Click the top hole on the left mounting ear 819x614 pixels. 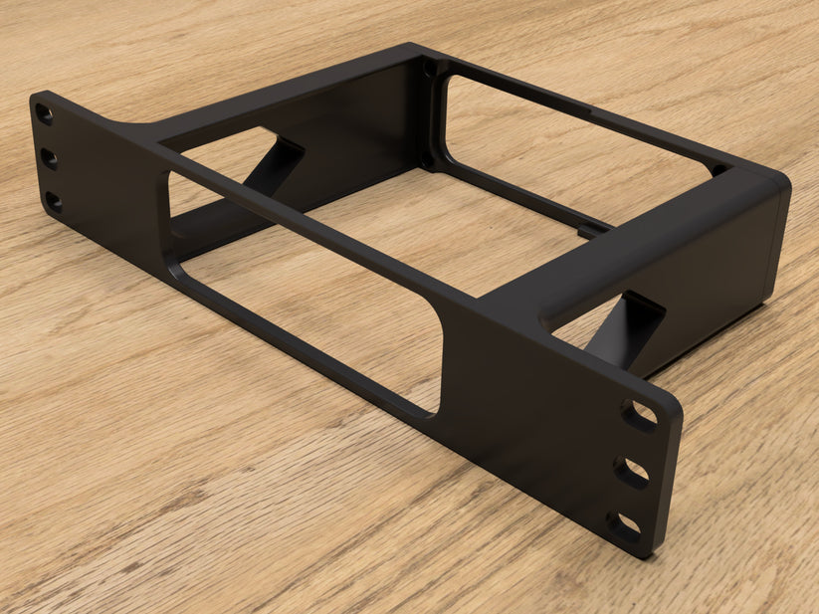coord(45,114)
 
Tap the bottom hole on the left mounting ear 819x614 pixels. coord(53,202)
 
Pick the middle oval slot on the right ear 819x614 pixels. coord(631,473)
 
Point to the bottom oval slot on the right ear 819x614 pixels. coord(624,524)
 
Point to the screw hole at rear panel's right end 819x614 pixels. coord(717,170)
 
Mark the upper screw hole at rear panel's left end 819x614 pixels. coord(430,71)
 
